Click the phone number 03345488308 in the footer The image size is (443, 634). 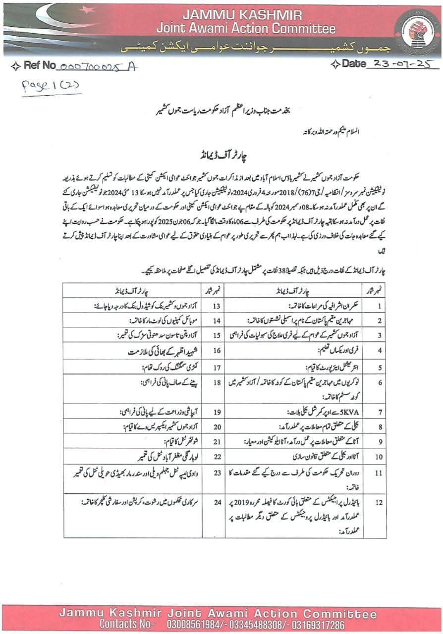[254, 624]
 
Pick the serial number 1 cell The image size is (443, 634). [379, 306]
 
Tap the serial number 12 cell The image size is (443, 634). [379, 502]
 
